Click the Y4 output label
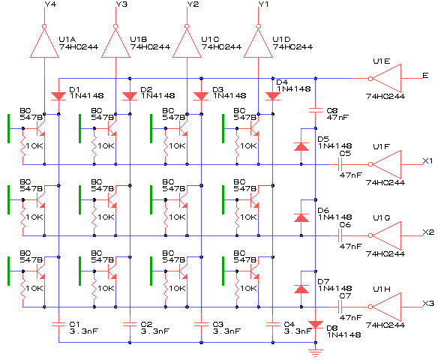[50, 4]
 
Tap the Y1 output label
[264, 4]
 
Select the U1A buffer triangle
[44, 43]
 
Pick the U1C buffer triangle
[187, 43]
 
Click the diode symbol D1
[58, 96]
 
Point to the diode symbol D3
[201, 96]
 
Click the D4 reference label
[282, 82]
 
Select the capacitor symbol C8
[316, 110]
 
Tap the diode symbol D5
[301, 147]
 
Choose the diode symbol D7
[301, 289]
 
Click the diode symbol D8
[316, 325]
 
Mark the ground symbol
[316, 352]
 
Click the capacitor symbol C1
[58, 325]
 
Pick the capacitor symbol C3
[201, 325]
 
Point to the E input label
[425, 76]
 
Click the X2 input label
[428, 232]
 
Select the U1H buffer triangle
[387, 307]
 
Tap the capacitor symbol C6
[340, 235]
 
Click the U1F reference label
[382, 147]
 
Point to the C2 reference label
[146, 324]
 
